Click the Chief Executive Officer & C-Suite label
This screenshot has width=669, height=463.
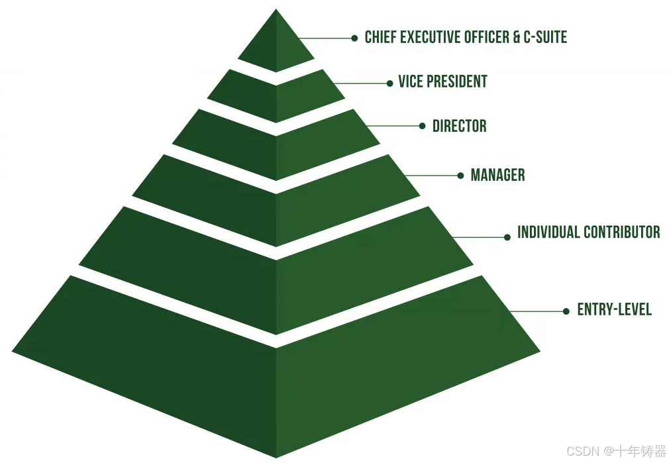[466, 38]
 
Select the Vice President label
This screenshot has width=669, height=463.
[442, 82]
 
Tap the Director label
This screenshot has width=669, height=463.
[459, 126]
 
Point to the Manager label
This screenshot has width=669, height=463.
[497, 176]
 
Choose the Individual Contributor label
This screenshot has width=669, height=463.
[588, 232]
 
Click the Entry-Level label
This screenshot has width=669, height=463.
[614, 309]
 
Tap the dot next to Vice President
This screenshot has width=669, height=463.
[390, 83]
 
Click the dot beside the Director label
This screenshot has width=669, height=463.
[423, 126]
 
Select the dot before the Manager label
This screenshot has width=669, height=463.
[460, 176]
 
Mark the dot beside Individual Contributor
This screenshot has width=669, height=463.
[507, 236]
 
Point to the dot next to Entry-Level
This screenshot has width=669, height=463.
[566, 311]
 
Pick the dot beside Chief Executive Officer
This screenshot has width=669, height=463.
[355, 38]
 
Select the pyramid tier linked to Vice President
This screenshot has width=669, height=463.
[276, 96]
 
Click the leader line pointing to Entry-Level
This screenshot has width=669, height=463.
[537, 311]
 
